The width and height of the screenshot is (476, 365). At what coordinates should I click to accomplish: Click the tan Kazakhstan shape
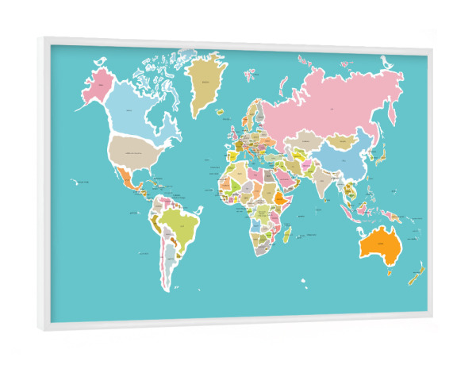pyautogui.click(x=302, y=143)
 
